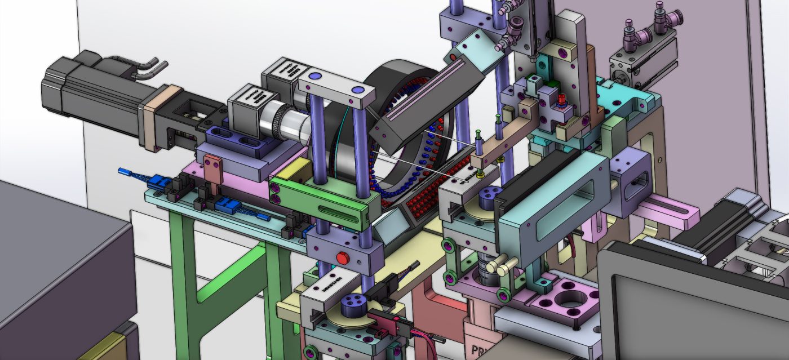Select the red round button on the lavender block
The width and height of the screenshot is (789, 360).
coord(342,258)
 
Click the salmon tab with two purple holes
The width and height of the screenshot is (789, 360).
coord(212,171)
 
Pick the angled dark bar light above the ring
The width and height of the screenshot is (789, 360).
coord(425,101)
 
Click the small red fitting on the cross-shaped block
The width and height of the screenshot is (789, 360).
coord(561,103)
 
